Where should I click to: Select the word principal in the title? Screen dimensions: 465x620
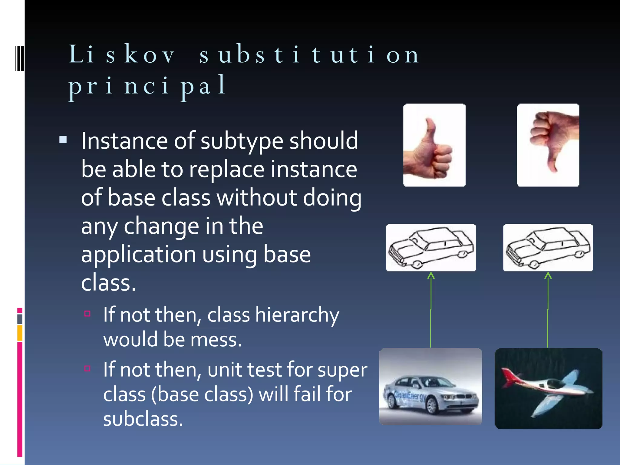[147, 86]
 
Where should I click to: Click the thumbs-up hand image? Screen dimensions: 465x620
[434, 145]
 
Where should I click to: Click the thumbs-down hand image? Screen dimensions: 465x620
[548, 145]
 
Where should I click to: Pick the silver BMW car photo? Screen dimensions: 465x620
[430, 387]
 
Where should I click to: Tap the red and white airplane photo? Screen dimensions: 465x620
[548, 388]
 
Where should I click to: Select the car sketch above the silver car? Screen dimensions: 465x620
[431, 248]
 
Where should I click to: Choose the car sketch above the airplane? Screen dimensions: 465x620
[548, 248]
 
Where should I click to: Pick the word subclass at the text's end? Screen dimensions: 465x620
[143, 419]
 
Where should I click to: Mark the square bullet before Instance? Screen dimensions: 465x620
[63, 140]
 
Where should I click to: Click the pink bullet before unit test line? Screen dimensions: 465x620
[87, 368]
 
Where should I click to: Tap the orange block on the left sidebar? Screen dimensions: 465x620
[20, 333]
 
